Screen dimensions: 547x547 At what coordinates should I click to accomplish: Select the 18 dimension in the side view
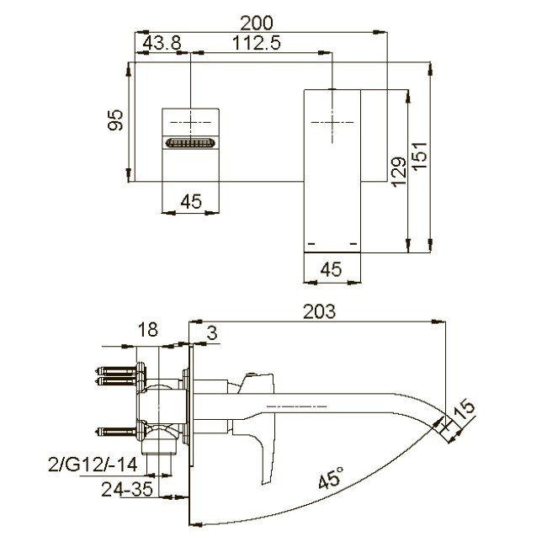click(x=148, y=330)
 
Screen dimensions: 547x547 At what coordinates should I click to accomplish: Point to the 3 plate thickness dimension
click(x=211, y=334)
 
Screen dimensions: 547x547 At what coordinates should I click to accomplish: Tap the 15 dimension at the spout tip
click(x=463, y=412)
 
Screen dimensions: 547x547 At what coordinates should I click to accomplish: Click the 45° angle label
click(x=332, y=480)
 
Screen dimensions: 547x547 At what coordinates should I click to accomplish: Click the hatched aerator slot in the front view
click(x=191, y=144)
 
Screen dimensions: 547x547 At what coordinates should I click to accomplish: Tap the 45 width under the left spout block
click(x=191, y=200)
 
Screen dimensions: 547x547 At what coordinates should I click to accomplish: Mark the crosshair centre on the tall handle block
click(x=332, y=122)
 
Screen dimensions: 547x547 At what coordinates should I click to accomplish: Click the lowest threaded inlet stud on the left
click(x=115, y=431)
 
